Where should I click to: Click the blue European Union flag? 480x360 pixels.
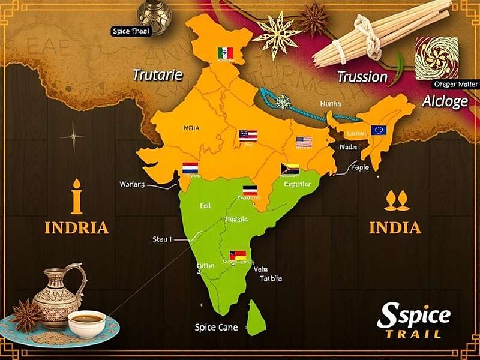click(379, 130)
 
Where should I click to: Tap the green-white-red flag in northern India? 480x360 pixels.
click(225, 53)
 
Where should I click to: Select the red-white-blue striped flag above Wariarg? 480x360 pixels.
click(190, 168)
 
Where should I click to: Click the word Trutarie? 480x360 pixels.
click(157, 75)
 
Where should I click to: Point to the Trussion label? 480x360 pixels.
click(362, 76)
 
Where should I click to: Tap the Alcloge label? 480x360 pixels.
click(445, 101)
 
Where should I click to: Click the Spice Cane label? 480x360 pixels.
click(216, 328)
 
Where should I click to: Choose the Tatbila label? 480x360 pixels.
click(271, 278)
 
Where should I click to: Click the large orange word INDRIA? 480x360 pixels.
click(76, 228)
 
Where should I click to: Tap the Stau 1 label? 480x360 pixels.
click(162, 239)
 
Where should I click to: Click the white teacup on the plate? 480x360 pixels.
click(86, 323)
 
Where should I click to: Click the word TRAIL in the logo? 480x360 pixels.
click(413, 334)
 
